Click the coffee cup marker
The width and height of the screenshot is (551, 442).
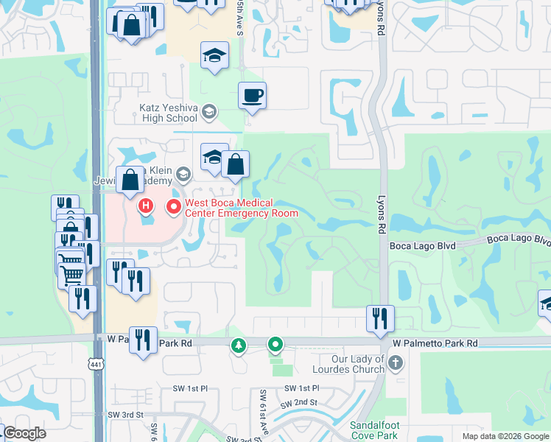(x=252, y=96)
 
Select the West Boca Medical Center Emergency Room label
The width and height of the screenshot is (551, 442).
(x=241, y=208)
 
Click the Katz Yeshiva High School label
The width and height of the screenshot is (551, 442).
(x=169, y=112)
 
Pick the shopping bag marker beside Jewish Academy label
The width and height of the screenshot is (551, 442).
(x=130, y=180)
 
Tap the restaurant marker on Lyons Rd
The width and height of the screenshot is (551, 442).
(x=380, y=318)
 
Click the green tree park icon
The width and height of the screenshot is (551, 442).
(x=238, y=344)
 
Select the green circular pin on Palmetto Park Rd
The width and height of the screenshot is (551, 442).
(x=275, y=344)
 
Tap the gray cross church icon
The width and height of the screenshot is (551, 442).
(x=396, y=362)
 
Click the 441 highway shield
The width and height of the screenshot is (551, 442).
(x=96, y=363)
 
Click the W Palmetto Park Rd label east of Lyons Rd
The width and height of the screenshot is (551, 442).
(x=435, y=343)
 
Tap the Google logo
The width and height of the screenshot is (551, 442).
(x=24, y=433)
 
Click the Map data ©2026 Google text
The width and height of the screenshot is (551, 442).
(x=505, y=436)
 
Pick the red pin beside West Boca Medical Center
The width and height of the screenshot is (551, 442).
(x=175, y=207)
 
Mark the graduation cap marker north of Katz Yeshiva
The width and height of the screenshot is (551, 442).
(x=214, y=55)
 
